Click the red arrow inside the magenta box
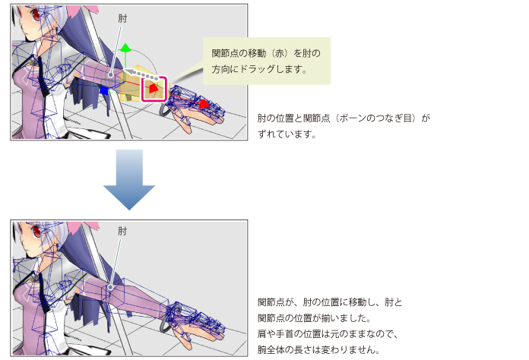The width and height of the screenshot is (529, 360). (x=154, y=89)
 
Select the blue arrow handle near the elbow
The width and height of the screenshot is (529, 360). (x=104, y=90)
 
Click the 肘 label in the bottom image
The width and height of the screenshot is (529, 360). (x=122, y=231)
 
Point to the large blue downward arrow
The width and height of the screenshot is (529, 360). (x=128, y=180)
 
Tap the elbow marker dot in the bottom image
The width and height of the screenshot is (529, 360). (x=110, y=288)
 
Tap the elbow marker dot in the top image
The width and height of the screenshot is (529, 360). (x=111, y=74)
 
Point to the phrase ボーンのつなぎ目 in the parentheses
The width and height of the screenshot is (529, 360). (x=376, y=118)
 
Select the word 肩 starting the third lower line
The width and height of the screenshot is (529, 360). (x=262, y=333)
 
